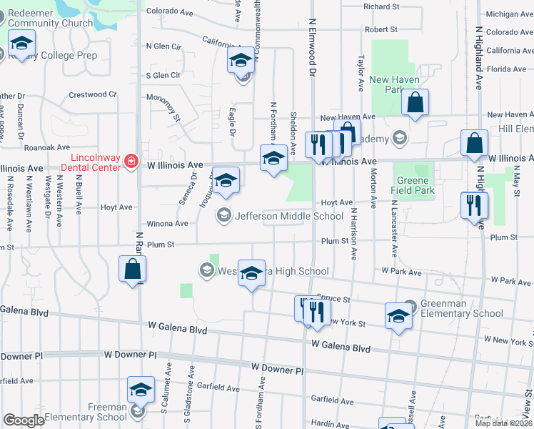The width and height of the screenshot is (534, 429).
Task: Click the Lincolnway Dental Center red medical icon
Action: (x=131, y=162)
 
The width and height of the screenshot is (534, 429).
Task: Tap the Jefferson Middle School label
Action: (x=289, y=216)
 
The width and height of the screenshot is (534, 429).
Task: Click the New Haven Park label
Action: (x=389, y=85)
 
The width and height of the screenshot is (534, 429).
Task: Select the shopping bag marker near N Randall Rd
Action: (x=132, y=270)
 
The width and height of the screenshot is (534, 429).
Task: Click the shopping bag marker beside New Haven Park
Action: (x=414, y=103)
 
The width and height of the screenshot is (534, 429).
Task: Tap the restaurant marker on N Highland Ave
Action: (x=474, y=206)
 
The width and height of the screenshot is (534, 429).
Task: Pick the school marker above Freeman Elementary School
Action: (x=141, y=390)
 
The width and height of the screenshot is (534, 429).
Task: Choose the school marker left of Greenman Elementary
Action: (x=398, y=316)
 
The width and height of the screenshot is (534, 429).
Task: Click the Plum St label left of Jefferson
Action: (x=161, y=245)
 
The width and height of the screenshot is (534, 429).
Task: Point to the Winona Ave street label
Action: (x=167, y=224)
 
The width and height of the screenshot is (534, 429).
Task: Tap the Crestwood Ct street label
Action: (x=93, y=94)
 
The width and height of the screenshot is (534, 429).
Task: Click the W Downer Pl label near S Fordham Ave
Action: (x=278, y=369)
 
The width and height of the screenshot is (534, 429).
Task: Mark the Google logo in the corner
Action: (x=24, y=420)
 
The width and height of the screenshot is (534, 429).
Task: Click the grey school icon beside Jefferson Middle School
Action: (x=224, y=215)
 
